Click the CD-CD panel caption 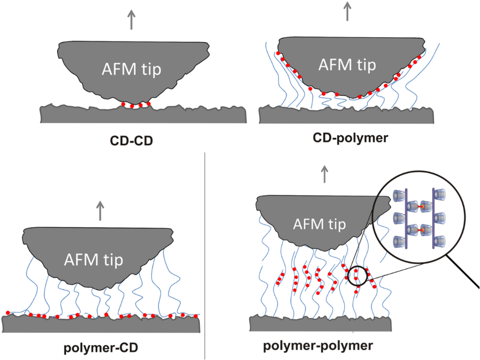click(131, 141)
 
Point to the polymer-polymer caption click(318, 346)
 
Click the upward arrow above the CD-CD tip click(131, 20)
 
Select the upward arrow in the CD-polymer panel click(347, 11)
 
